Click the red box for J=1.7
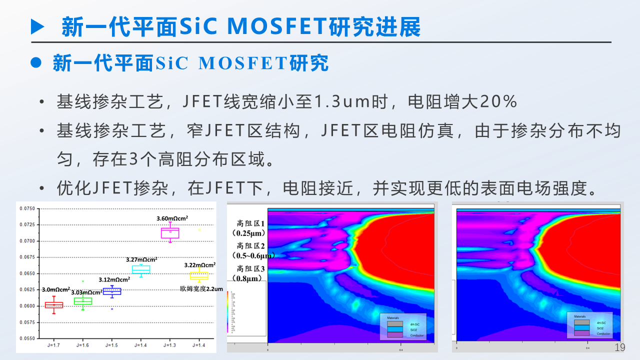point(54,305)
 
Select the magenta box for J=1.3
point(170,233)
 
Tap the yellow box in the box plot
point(199,275)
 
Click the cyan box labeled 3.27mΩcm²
point(141,269)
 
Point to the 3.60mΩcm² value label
point(171,218)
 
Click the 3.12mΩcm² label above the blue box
point(113,280)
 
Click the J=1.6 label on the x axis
point(83,345)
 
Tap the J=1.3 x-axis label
point(170,345)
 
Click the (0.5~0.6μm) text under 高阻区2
point(251,255)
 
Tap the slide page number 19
point(619,347)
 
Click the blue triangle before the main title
point(37,26)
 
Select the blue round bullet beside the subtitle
point(35,63)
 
